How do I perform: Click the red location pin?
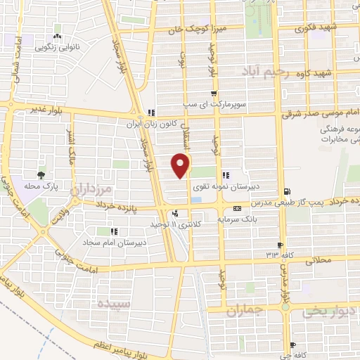(181, 165)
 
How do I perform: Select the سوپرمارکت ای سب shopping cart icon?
(213, 93)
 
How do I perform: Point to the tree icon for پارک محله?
(43, 174)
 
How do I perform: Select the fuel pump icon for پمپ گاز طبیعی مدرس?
(285, 191)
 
